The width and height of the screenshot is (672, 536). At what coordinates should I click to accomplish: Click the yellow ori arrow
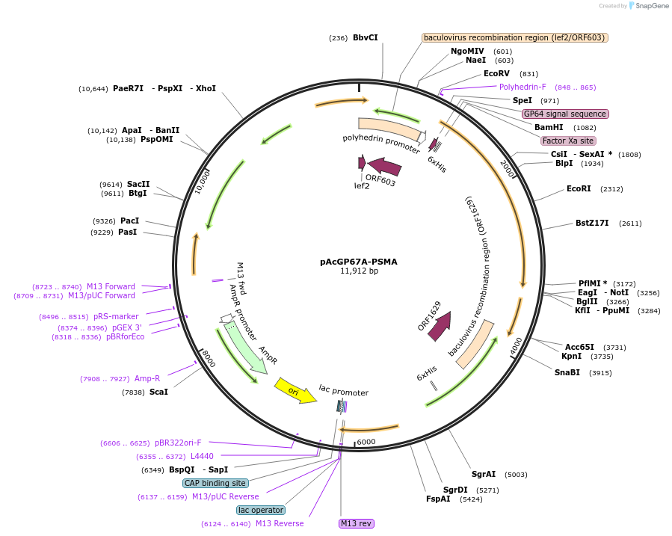point(295,389)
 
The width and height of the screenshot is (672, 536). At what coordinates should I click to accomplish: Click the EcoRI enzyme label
point(579,189)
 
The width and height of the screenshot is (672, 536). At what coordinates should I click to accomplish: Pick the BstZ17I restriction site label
point(592,223)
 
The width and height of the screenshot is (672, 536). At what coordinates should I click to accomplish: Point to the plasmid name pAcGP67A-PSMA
point(359,262)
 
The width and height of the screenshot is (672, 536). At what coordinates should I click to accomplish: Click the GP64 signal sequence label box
point(565,114)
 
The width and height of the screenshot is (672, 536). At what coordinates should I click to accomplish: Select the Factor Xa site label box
point(568,141)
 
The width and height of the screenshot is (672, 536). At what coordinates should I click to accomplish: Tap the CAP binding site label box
point(215,483)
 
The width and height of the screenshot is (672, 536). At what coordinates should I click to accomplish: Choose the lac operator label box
point(260,510)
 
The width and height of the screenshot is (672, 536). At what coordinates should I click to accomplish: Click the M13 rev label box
point(356,523)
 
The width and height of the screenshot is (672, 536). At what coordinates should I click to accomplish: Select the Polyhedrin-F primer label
point(523,87)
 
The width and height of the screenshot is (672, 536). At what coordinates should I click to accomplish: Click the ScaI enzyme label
point(158,392)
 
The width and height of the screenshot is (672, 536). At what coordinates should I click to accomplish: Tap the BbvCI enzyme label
point(366,37)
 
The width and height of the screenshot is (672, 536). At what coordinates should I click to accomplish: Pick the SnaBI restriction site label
point(567,372)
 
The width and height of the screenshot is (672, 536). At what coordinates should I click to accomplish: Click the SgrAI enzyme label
point(483,474)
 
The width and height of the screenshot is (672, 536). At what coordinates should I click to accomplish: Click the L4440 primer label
point(202,456)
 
